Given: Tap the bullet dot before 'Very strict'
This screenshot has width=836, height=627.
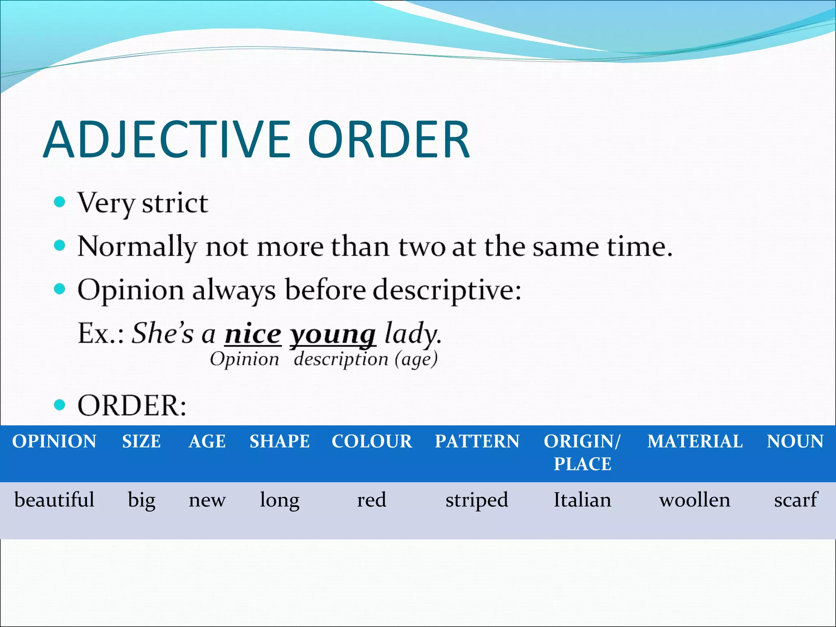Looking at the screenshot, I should (60, 202).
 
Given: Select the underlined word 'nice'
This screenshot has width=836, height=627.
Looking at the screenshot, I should (253, 334).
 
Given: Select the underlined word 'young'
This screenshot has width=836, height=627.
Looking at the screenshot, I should (332, 336).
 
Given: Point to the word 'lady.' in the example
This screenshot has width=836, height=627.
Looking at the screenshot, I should (413, 334).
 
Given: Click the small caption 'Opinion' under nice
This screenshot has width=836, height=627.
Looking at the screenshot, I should (244, 360).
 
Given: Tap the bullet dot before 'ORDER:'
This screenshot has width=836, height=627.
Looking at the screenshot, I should (60, 405).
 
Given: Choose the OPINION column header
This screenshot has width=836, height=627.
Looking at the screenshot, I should (54, 441).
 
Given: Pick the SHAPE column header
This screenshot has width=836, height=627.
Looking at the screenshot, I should (280, 441).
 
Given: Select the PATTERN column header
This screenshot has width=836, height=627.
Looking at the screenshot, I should (477, 441).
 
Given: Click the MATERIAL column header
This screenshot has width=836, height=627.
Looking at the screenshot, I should (695, 441).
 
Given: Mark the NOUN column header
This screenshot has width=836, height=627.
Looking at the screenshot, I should (795, 441).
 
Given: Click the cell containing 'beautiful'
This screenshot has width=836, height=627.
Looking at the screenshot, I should (54, 500).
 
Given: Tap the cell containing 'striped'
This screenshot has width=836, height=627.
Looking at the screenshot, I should (477, 500).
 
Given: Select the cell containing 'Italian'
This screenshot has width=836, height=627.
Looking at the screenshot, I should (582, 500).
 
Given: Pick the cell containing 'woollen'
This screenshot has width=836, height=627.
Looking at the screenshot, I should (695, 500).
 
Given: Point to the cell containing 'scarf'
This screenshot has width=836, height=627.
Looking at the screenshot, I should (796, 500).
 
